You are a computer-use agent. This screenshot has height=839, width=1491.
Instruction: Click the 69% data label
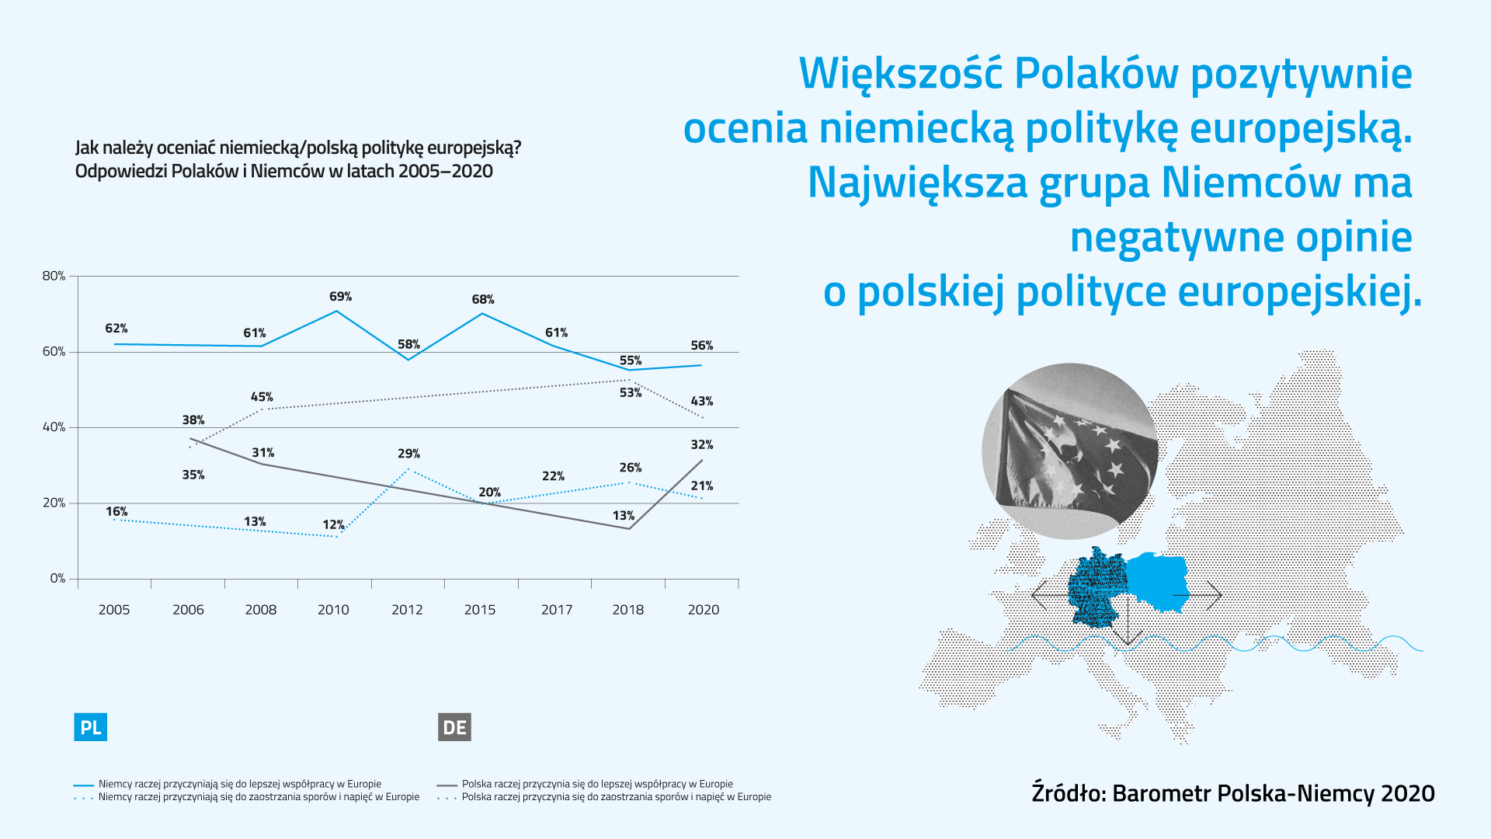point(340,297)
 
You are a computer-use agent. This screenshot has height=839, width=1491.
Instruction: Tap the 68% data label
point(482,300)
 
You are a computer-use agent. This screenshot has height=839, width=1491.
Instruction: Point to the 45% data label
point(262,397)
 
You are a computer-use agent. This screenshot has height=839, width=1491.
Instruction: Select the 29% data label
point(408,454)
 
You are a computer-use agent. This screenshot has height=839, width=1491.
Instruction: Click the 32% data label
point(701,445)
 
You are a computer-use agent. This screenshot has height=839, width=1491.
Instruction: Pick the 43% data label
point(701,402)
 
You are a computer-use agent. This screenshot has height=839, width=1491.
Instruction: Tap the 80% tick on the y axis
point(54,277)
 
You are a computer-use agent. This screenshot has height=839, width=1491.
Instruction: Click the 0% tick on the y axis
point(57,579)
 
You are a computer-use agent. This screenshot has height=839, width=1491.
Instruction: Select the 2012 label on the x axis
point(407,610)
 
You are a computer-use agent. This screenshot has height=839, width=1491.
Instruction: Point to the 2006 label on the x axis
point(188,610)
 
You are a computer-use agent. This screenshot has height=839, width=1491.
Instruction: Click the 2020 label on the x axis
point(703,610)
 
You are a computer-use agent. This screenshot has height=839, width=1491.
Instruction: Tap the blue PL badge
point(91,728)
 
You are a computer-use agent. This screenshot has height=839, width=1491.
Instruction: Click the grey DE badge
point(454,728)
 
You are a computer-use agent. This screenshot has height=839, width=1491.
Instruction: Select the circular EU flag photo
point(1069,451)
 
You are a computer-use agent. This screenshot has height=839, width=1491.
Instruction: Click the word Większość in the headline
point(900,74)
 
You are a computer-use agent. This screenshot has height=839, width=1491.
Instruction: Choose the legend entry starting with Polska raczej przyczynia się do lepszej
point(596,785)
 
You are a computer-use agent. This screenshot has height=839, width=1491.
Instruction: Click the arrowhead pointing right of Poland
point(1217,596)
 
